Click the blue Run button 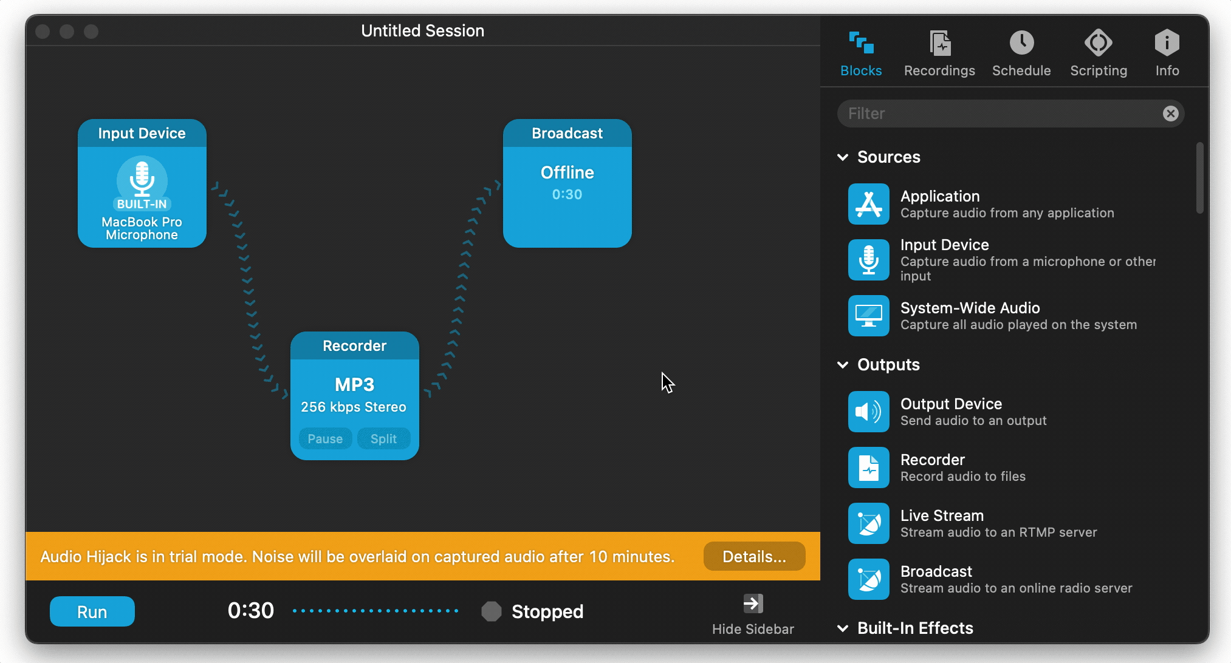coord(92,611)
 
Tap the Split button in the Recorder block coord(383,438)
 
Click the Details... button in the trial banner coord(754,556)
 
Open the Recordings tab coord(939,53)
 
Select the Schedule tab coord(1021,53)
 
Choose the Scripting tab coord(1099,53)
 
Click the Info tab coord(1167,53)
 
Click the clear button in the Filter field coord(1171,114)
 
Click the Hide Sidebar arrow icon coord(753,603)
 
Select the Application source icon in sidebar coord(869,204)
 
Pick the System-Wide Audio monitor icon coord(869,316)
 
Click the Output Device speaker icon coord(869,412)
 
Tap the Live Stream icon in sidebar coord(869,523)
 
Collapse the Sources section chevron coord(843,157)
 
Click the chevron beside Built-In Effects coord(843,628)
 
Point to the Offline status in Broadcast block coord(567,172)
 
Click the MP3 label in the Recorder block coord(355,384)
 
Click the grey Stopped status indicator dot coord(492,611)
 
